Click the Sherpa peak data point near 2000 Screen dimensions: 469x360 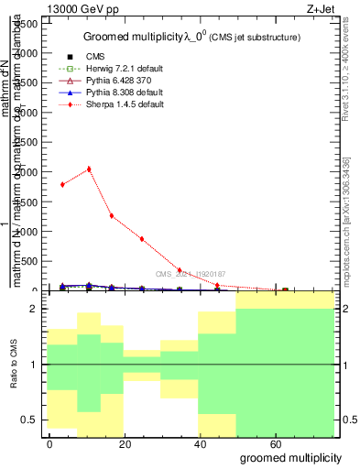pos(89,169)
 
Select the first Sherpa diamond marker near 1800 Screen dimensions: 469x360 pos(62,184)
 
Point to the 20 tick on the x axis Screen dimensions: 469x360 pos(139,443)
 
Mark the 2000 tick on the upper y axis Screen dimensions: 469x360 pos(26,172)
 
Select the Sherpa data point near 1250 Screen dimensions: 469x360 pos(112,216)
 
